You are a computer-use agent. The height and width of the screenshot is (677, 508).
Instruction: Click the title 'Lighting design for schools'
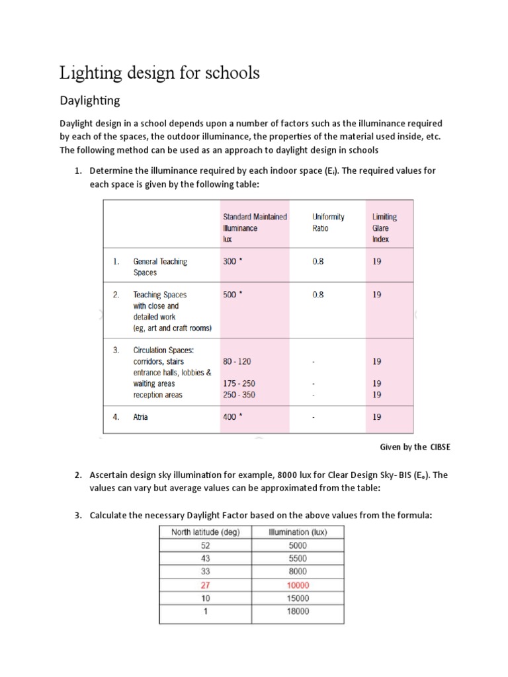tap(159, 73)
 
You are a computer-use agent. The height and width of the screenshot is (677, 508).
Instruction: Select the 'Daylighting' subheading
tap(90, 101)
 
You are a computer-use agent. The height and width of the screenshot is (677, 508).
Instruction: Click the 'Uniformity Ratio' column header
tap(328, 222)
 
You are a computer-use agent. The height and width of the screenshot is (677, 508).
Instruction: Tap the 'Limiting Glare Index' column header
tap(384, 227)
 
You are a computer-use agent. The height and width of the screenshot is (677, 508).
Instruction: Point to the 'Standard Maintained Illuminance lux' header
tap(255, 227)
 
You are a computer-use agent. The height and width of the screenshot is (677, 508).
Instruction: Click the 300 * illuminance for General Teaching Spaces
tap(233, 261)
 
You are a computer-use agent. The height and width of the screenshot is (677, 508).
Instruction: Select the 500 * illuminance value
tap(233, 295)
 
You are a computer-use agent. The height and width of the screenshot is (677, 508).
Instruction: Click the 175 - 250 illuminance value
tap(239, 383)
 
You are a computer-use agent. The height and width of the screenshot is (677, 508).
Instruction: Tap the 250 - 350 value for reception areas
tap(239, 395)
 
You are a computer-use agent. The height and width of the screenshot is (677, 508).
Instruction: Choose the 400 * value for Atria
tap(233, 417)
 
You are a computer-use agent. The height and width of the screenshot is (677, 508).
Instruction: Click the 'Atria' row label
tap(140, 417)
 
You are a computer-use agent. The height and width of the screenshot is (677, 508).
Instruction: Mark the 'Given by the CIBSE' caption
tap(415, 447)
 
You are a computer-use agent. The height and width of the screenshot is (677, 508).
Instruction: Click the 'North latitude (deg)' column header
tap(205, 532)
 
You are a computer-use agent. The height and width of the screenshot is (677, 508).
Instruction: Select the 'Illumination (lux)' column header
tap(297, 532)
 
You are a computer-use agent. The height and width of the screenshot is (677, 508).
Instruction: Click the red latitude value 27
tap(205, 585)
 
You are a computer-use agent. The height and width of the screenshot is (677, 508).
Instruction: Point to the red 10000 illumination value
tap(297, 585)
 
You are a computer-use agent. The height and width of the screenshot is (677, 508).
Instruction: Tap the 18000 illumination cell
tap(297, 612)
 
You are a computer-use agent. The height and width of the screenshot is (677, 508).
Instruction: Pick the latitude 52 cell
tap(205, 545)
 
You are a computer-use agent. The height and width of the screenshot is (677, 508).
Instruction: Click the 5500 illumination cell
tap(297, 559)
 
